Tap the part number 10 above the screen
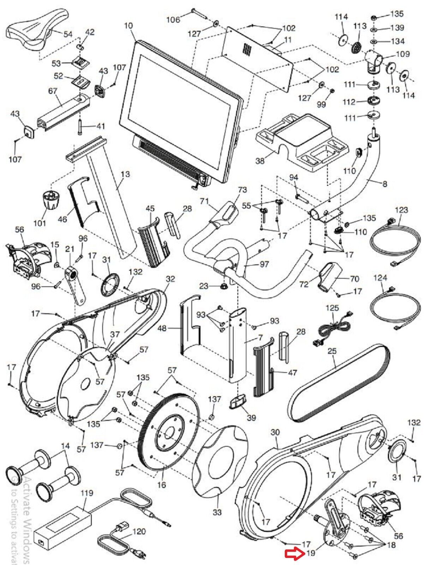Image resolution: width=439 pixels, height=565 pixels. click(x=129, y=26)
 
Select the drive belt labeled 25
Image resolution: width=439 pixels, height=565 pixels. click(x=339, y=381)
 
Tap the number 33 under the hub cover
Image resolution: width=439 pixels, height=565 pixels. click(x=217, y=511)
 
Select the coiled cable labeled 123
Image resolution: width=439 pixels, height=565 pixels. click(x=395, y=244)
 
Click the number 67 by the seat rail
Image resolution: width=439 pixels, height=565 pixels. click(x=53, y=91)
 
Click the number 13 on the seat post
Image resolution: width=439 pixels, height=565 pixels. click(x=125, y=174)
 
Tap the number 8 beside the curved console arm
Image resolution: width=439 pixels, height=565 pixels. click(x=385, y=184)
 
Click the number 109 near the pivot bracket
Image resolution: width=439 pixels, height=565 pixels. click(x=403, y=54)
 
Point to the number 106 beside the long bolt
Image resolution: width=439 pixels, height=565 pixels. click(x=173, y=19)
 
